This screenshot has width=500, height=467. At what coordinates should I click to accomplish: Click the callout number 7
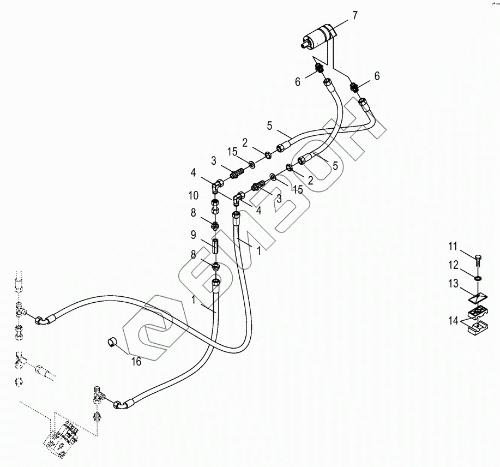354,15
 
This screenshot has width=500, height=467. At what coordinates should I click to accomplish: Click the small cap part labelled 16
112,343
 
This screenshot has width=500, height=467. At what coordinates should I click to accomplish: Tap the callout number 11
454,247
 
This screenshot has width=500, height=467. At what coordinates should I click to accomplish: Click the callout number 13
454,283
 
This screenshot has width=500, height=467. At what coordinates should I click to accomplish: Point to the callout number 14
454,321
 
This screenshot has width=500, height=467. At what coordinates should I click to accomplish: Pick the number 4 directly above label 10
193,173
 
